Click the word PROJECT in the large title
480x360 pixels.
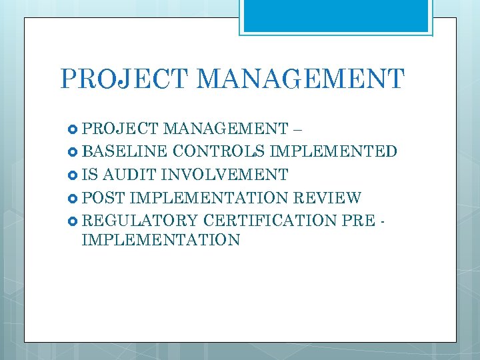click(125, 79)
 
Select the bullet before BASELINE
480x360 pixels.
click(73, 151)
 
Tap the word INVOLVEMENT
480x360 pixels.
click(225, 175)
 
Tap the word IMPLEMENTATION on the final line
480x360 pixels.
click(161, 240)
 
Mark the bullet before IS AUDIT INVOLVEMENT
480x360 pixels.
click(73, 175)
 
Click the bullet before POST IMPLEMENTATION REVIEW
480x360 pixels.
click(73, 198)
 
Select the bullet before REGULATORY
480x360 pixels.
click(73, 221)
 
